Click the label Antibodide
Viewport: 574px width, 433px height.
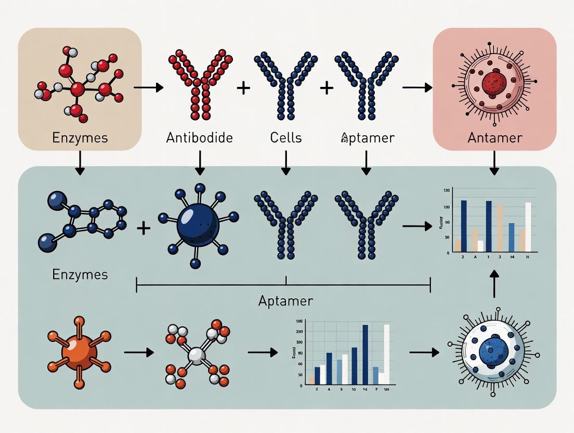pos(199,138)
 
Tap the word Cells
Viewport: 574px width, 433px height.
pos(285,138)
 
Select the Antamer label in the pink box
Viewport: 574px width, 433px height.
pos(494,138)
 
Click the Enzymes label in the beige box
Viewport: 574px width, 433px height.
pos(80,138)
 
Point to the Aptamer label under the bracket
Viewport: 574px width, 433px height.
pos(285,301)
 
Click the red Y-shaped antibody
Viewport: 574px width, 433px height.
pos(200,83)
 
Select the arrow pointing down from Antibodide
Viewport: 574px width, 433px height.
pos(200,162)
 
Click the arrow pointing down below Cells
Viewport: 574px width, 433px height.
pos(285,162)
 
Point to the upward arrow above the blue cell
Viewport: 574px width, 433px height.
pos(494,283)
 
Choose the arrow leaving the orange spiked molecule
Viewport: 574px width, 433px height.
pos(139,353)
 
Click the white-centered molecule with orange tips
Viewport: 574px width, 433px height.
pos(197,355)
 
